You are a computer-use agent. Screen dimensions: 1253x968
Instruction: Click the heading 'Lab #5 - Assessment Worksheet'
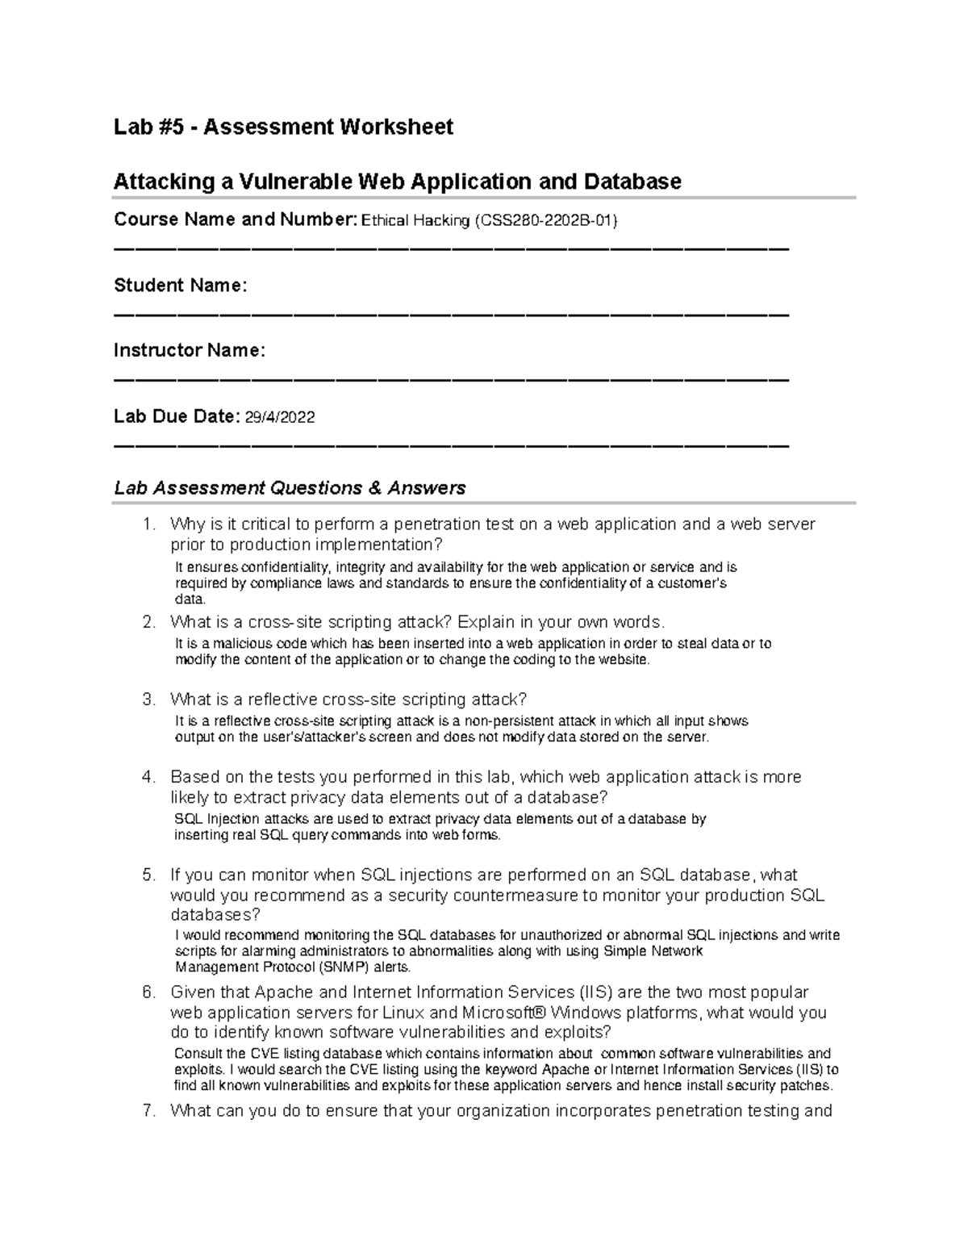point(283,127)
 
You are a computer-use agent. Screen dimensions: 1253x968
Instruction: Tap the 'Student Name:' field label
point(180,285)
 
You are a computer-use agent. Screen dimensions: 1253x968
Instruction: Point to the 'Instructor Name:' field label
point(189,350)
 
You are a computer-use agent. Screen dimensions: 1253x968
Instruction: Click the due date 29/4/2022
point(280,417)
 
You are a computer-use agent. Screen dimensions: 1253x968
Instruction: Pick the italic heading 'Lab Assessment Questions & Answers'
point(290,487)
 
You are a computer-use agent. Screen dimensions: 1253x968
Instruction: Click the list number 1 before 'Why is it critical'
point(148,524)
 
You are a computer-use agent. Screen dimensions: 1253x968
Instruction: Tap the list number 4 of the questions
point(148,777)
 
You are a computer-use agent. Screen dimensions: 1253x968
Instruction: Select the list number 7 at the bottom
point(148,1110)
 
